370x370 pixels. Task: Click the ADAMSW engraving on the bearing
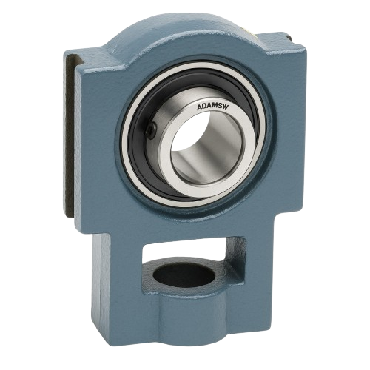point(212,109)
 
